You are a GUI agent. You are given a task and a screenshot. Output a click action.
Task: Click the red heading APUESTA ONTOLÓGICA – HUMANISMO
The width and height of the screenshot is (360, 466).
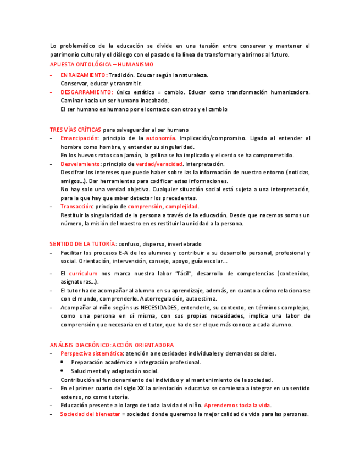[98, 64]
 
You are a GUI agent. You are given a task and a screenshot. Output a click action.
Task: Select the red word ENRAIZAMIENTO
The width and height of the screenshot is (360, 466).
[83, 75]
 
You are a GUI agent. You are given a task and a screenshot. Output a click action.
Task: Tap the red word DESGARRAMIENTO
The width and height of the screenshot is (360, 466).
[87, 92]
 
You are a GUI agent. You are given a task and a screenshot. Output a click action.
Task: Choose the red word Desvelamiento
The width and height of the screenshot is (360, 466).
[81, 164]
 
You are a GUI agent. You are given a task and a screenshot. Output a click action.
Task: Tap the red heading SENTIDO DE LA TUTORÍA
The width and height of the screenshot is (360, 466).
[82, 244]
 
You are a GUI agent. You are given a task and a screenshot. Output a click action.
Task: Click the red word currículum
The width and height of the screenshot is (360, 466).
[83, 273]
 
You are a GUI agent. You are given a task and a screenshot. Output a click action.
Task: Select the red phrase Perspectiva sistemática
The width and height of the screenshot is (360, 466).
[92, 353]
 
